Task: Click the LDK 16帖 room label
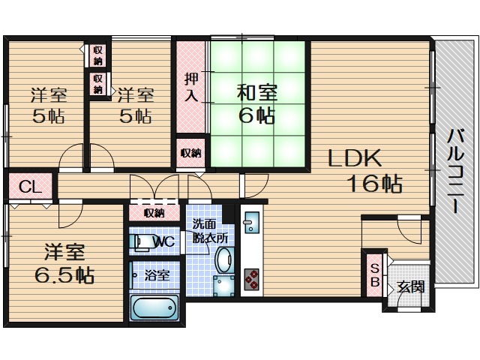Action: pos(365,170)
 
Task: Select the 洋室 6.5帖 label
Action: pos(64,263)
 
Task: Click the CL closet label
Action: pos(30,187)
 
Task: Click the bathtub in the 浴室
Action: pos(154,307)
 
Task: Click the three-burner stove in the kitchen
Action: pos(251,279)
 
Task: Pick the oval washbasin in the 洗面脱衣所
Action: pos(224,259)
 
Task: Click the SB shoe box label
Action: pos(375,275)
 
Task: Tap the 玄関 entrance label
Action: pos(411,286)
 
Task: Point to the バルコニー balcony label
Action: pos(456,171)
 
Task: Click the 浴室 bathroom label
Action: pos(157,275)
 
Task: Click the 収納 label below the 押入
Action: pos(190,153)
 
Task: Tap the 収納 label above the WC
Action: pos(154,213)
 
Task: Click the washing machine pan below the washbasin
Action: pos(223,286)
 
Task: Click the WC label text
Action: pos(164,242)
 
